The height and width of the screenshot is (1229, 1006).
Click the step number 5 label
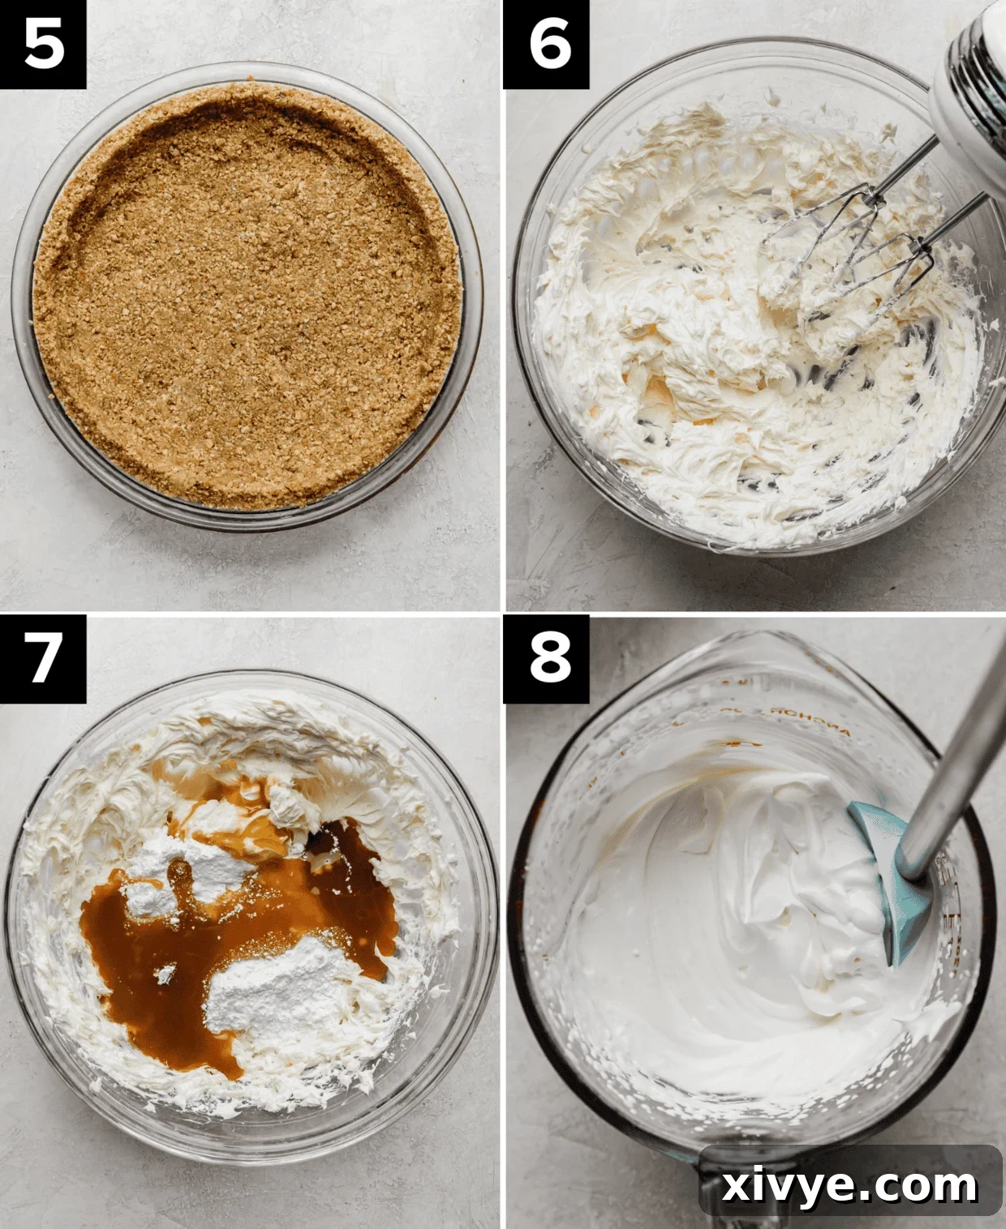[x=43, y=44]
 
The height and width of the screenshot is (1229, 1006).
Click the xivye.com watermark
[x=849, y=1186]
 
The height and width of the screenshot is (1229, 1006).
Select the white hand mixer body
[x=969, y=81]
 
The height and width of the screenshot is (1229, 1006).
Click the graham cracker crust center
[x=243, y=300]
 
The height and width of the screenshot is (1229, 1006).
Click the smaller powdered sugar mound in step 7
[x=195, y=871]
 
